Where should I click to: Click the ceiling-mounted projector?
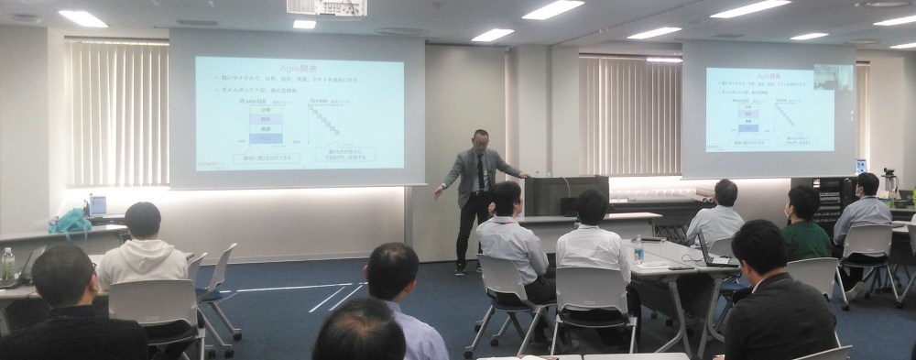(326, 7)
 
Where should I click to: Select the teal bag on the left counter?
(71, 221)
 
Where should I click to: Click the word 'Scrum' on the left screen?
(319, 100)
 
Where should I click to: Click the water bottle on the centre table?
(638, 248)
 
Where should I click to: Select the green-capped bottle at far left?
(7, 264)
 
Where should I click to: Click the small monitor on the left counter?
(97, 205)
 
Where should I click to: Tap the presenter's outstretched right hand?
(439, 192)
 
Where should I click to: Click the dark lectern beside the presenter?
(565, 195)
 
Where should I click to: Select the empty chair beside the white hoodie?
(217, 284)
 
